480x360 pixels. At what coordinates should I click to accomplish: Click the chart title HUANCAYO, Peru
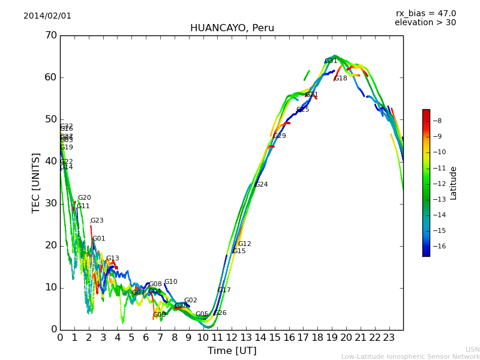[x=232, y=28]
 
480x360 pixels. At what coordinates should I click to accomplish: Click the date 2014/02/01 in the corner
[x=47, y=16]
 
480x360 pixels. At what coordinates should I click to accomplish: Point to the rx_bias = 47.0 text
[x=425, y=14]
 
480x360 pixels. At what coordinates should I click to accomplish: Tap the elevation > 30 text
[x=425, y=23]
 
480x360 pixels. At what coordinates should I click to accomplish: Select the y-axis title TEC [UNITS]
[x=36, y=182]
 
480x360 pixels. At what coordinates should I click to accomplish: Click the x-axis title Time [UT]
[x=232, y=351]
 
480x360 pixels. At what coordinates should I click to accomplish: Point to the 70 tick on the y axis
[x=50, y=35]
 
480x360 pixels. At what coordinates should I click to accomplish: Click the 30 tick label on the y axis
[x=50, y=203]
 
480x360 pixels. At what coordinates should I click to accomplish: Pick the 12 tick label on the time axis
[x=232, y=338]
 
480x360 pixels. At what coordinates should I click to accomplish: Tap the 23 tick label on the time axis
[x=389, y=338]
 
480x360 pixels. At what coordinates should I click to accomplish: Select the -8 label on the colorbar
[x=438, y=121]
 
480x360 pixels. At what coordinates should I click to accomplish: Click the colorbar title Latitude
[x=454, y=183]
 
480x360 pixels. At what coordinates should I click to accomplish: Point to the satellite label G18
[x=341, y=79]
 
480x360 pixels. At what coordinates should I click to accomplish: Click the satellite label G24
[x=262, y=185]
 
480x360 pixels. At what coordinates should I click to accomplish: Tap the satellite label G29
[x=280, y=136]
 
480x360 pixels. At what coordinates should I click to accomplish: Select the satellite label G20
[x=85, y=198]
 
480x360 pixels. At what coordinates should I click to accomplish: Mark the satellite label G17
[x=224, y=290]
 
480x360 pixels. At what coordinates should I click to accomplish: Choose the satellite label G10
[x=171, y=282]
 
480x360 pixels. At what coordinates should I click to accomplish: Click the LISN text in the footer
[x=473, y=349]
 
